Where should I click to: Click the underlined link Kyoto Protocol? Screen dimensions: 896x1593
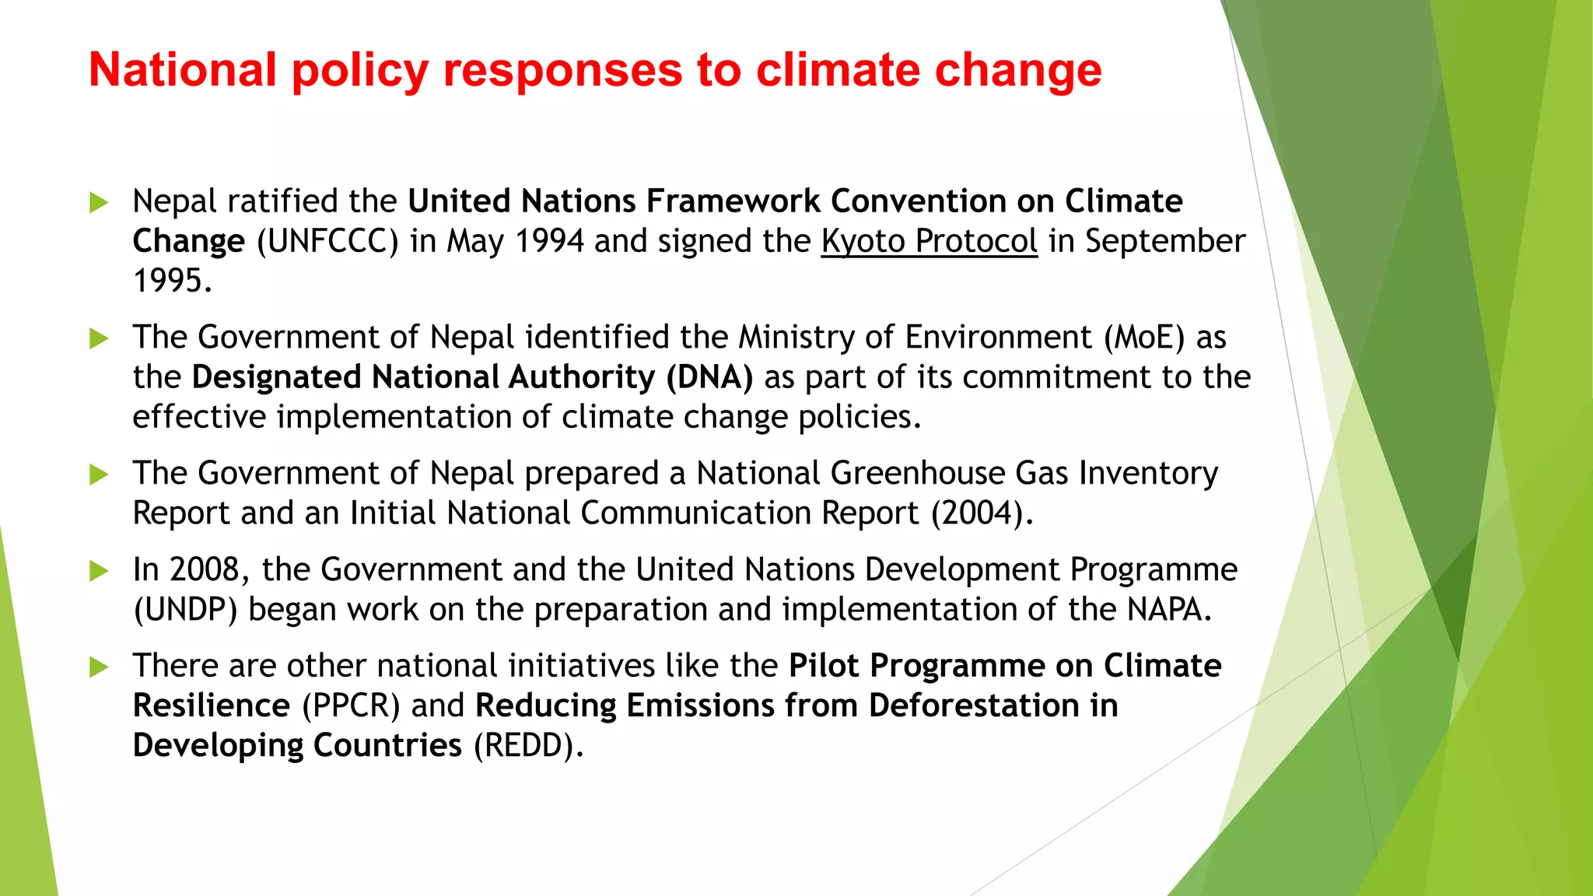929,241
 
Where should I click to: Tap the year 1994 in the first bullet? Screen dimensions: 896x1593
549,241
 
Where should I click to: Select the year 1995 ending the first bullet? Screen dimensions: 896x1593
171,281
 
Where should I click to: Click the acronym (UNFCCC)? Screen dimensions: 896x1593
327,241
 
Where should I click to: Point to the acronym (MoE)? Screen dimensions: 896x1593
1144,338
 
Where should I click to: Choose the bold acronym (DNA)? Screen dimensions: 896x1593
709,377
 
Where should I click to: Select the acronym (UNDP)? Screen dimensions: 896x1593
185,610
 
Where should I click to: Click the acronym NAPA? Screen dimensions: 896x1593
1168,610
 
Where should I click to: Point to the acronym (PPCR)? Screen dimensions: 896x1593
351,706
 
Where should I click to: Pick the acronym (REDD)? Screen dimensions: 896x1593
528,746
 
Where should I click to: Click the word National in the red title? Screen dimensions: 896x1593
183,70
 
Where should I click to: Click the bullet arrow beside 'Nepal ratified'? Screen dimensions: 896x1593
99,202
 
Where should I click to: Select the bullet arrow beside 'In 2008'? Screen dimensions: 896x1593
99,571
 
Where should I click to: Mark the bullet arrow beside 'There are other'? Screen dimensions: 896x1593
99,667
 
